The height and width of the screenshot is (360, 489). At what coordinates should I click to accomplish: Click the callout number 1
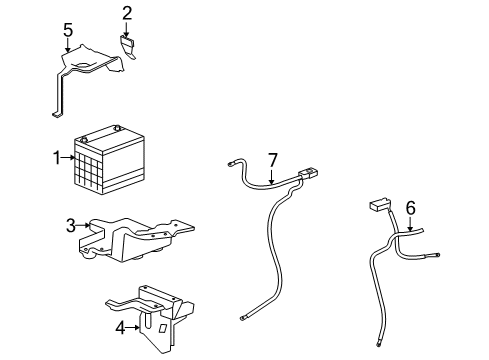(58, 157)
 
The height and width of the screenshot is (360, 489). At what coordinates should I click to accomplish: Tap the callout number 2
(127, 13)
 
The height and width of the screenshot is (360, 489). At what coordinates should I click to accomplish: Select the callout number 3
(71, 226)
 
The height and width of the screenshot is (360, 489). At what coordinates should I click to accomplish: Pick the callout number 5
(68, 30)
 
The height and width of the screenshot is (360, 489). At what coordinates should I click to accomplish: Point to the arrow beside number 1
(70, 157)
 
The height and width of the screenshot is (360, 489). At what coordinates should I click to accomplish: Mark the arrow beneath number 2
(127, 29)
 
